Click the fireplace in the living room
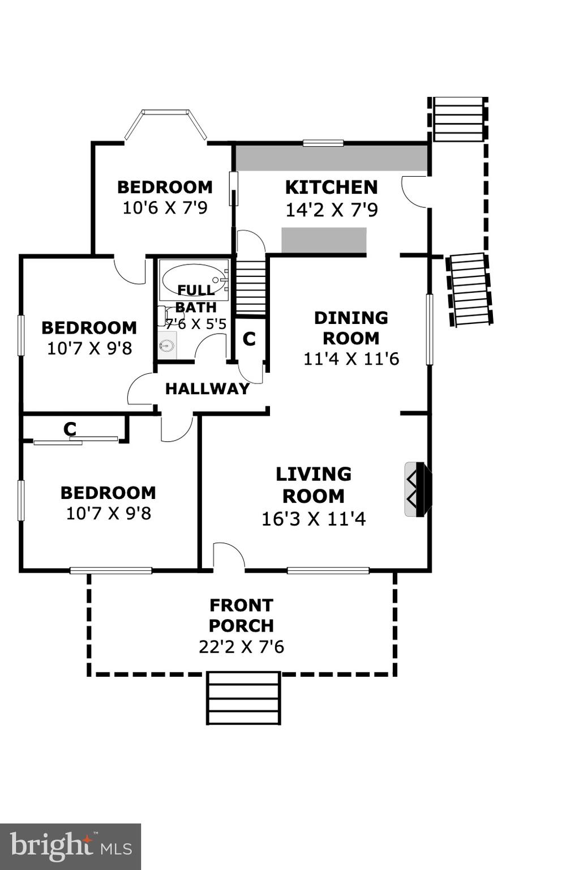point(418,489)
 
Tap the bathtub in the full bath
point(194,279)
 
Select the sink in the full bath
point(166,345)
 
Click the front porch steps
point(243,698)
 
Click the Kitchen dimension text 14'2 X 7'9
point(331,210)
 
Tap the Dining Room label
point(351,327)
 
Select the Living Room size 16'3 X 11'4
point(314,518)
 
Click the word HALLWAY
point(207,389)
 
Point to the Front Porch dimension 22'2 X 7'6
point(241,646)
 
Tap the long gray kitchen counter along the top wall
point(331,158)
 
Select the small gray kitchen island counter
point(324,240)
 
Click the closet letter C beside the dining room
point(249,338)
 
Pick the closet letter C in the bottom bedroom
point(70,429)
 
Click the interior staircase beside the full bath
point(250,287)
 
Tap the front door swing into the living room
point(228,555)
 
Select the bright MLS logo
point(70,846)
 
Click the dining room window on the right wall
point(429,329)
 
